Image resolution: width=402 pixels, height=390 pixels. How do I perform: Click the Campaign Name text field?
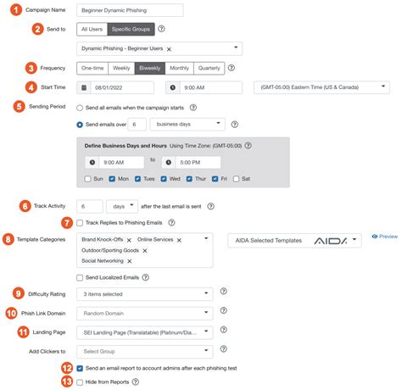click(x=130, y=10)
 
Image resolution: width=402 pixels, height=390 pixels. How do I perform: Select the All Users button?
click(x=91, y=29)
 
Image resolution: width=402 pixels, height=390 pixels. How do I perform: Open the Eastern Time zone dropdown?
click(x=322, y=86)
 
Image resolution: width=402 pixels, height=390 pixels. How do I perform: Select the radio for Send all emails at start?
click(x=80, y=109)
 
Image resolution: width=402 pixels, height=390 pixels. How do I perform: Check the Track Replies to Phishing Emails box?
click(x=80, y=222)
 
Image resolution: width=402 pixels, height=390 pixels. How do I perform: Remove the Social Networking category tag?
click(x=129, y=262)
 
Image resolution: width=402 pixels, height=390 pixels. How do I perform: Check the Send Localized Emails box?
click(x=80, y=276)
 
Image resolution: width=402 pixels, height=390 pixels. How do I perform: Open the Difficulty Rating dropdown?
click(x=143, y=294)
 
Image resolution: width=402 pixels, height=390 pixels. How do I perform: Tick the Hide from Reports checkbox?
click(x=80, y=382)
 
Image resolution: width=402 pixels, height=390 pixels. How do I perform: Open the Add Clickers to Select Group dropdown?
click(x=143, y=350)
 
